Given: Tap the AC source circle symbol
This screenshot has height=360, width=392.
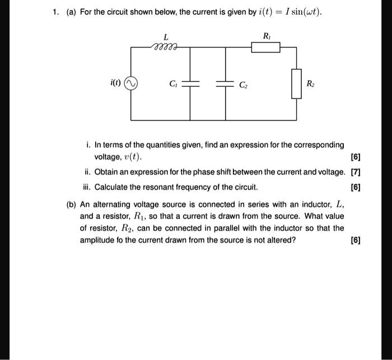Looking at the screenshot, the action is pyautogui.click(x=131, y=84).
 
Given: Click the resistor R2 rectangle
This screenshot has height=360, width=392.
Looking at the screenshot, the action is pyautogui.click(x=296, y=84).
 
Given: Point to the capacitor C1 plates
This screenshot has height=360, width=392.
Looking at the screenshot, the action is pyautogui.click(x=190, y=84).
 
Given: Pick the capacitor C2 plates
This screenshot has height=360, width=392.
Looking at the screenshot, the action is pyautogui.click(x=226, y=84).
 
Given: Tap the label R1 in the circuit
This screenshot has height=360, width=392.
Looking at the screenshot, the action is pyautogui.click(x=266, y=36).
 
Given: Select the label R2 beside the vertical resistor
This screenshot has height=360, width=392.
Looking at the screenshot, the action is pyautogui.click(x=311, y=84).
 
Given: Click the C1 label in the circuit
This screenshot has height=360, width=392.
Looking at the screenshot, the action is pyautogui.click(x=173, y=84).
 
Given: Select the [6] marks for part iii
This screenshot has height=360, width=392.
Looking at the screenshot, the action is pyautogui.click(x=354, y=186).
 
